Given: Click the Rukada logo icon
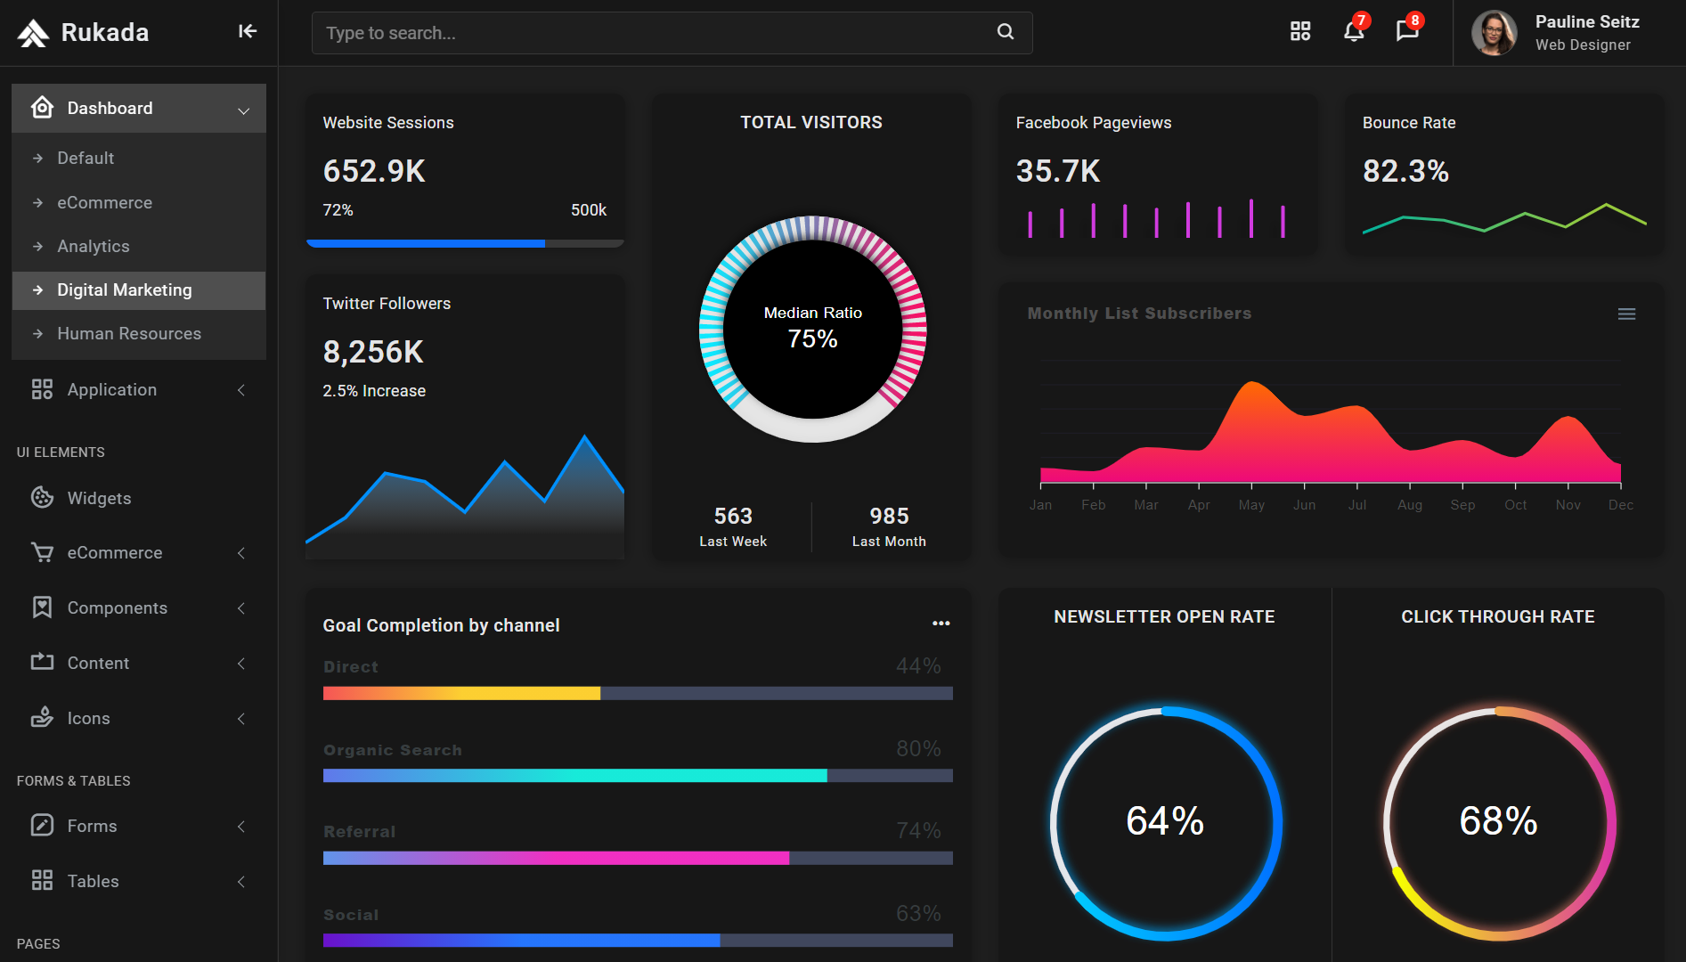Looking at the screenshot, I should click(x=33, y=33).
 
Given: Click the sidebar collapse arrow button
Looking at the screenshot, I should click(x=248, y=32).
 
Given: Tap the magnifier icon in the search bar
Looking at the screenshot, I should click(x=1006, y=32).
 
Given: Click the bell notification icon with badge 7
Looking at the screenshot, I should click(x=1353, y=32).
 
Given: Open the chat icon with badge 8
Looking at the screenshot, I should click(x=1406, y=32).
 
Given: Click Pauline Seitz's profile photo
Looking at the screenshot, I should click(x=1494, y=33).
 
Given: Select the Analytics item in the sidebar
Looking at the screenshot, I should click(x=94, y=246).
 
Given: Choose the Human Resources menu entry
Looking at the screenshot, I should click(x=129, y=333).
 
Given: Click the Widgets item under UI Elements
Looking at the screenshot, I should click(x=99, y=498).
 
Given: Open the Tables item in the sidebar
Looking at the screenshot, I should click(x=93, y=881).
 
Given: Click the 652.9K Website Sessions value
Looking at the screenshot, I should click(x=374, y=171).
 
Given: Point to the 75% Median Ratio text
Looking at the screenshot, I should click(x=812, y=338).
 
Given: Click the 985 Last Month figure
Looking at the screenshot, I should click(x=889, y=516).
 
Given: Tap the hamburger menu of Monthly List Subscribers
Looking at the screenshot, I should click(x=1626, y=314).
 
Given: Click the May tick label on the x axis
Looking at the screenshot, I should click(x=1251, y=505).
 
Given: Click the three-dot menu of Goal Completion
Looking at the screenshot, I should click(x=941, y=624).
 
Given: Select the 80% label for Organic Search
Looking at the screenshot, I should click(x=918, y=748).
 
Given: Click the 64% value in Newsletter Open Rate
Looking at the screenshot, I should click(x=1165, y=821).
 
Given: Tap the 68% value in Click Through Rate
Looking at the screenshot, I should click(x=1498, y=821).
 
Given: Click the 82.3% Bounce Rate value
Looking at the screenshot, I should click(x=1405, y=171).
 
